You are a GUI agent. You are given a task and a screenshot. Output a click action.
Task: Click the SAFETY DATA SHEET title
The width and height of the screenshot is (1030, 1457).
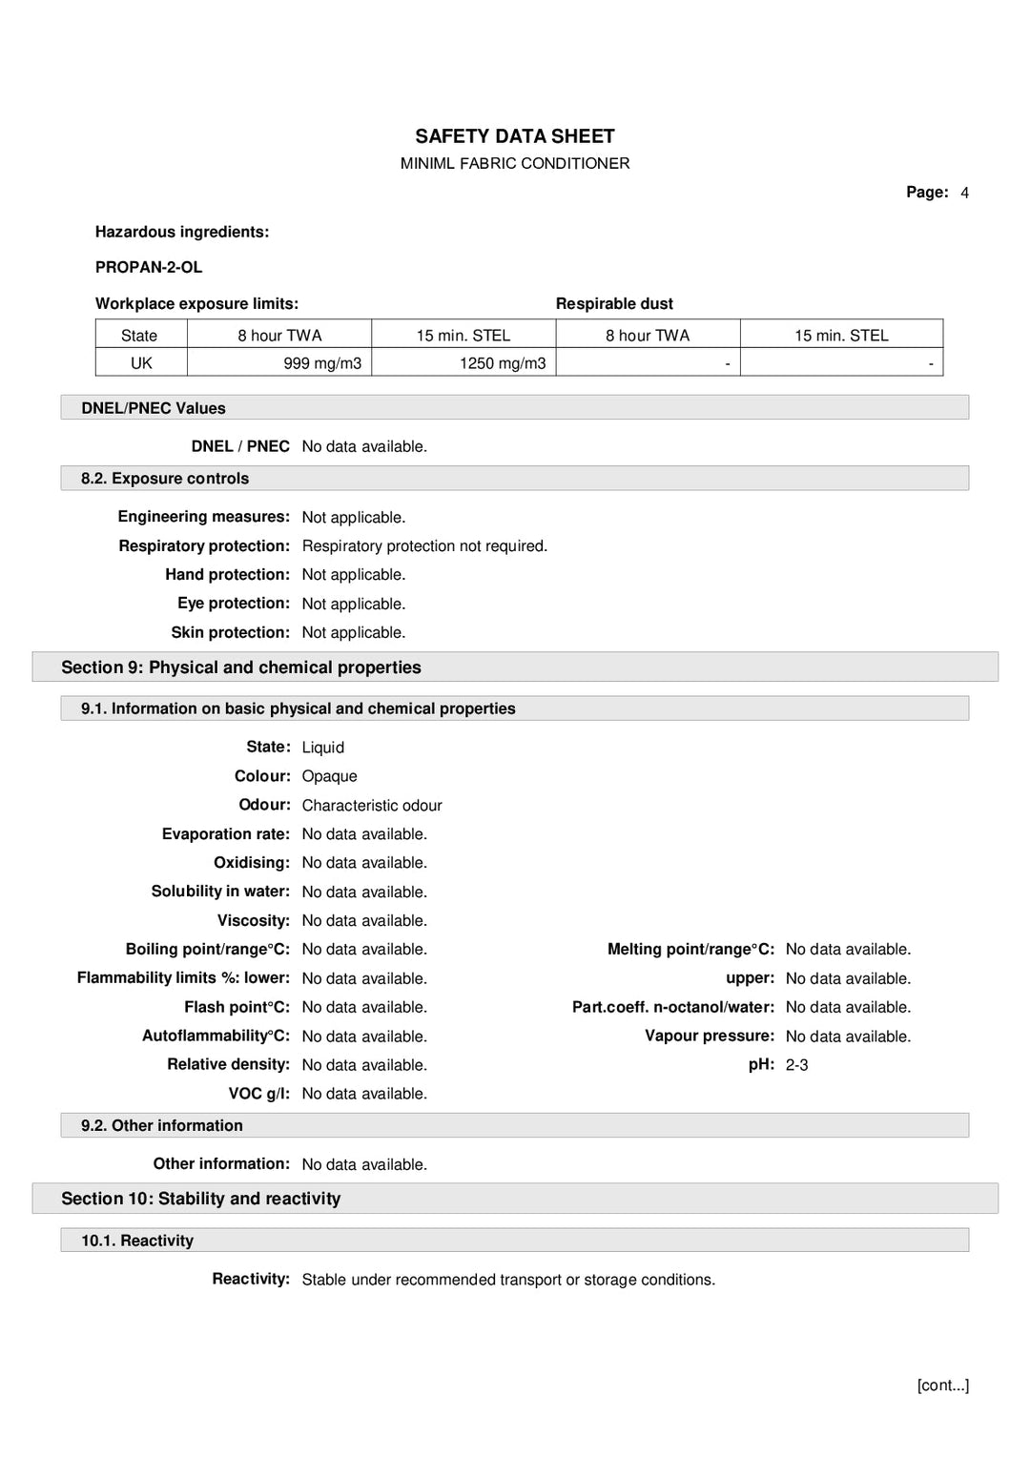click(x=514, y=136)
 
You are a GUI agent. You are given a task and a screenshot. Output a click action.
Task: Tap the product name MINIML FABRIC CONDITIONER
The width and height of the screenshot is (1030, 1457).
click(x=514, y=163)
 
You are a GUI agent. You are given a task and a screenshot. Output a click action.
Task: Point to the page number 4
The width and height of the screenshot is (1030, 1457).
click(x=964, y=193)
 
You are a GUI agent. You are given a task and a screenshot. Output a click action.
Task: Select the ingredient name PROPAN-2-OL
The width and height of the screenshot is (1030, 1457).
click(x=149, y=267)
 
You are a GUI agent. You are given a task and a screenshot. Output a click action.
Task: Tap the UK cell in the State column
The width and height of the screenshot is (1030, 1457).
click(x=141, y=363)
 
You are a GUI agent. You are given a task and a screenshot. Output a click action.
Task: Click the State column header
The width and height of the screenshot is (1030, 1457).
click(x=139, y=336)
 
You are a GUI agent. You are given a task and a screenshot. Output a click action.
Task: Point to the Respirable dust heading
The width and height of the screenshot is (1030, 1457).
click(x=614, y=303)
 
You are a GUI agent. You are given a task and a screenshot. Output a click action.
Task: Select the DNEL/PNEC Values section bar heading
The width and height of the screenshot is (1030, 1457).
click(x=154, y=408)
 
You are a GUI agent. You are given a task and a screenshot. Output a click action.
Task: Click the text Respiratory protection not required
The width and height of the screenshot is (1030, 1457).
click(x=424, y=545)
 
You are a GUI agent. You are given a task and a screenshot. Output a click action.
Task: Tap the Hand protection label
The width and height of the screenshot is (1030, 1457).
click(x=227, y=574)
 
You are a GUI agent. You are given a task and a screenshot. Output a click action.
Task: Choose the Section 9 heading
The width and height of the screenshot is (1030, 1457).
click(x=241, y=667)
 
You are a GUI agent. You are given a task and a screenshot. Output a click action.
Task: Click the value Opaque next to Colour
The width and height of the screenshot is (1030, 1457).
click(x=329, y=776)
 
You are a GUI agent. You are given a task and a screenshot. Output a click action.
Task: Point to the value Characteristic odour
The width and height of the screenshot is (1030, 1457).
click(x=372, y=806)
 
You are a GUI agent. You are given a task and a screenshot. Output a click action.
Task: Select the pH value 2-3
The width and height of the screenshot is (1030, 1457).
click(x=796, y=1065)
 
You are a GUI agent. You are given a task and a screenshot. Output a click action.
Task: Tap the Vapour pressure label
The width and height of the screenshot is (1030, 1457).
click(x=709, y=1036)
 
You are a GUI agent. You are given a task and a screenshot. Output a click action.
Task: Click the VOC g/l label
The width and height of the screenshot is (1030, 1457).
click(x=258, y=1094)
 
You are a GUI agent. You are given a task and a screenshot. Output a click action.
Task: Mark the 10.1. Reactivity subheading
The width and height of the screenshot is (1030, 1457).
click(x=137, y=1241)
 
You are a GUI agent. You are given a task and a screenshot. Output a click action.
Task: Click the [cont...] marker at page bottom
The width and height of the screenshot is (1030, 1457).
click(x=942, y=1385)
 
